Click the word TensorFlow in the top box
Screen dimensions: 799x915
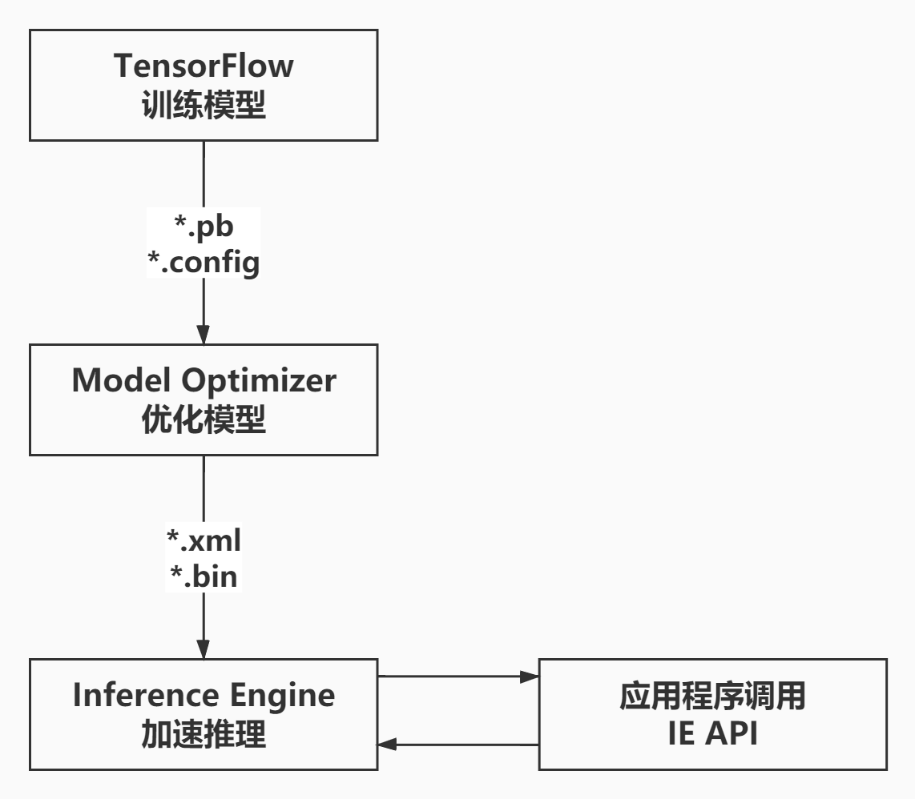pyautogui.click(x=204, y=66)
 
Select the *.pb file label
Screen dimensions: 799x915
pyautogui.click(x=204, y=227)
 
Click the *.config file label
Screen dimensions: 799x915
pyautogui.click(x=204, y=262)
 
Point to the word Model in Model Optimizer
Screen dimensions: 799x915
pyautogui.click(x=120, y=380)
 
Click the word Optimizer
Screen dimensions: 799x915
pyautogui.click(x=257, y=380)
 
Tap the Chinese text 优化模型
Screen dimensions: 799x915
pyautogui.click(x=204, y=420)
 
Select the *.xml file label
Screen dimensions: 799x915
pyautogui.click(x=204, y=541)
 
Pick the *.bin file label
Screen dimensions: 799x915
pyautogui.click(x=204, y=576)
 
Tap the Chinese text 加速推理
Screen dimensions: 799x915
pyautogui.click(x=204, y=734)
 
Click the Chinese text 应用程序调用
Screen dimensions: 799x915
pyautogui.click(x=712, y=697)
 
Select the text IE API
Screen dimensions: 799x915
pyautogui.click(x=712, y=733)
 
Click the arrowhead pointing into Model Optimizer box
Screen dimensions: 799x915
pyautogui.click(x=204, y=335)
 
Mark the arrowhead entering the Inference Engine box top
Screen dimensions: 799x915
pyautogui.click(x=204, y=649)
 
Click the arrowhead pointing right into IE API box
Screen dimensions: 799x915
pyautogui.click(x=529, y=677)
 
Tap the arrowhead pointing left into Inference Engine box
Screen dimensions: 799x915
pyautogui.click(x=389, y=745)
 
